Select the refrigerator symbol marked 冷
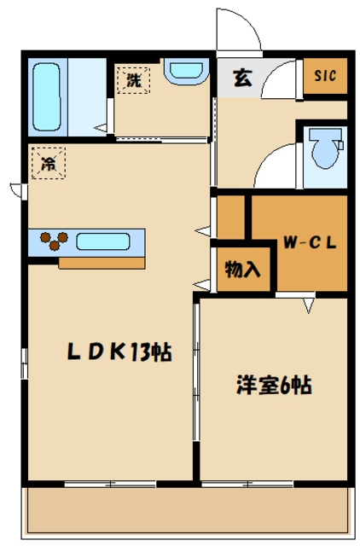tap(49, 165)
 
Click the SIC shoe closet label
tap(326, 76)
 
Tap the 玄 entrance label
tap(242, 78)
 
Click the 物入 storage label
tap(242, 270)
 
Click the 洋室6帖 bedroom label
tap(273, 386)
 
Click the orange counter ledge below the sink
tap(102, 262)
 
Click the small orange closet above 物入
tap(229, 218)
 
